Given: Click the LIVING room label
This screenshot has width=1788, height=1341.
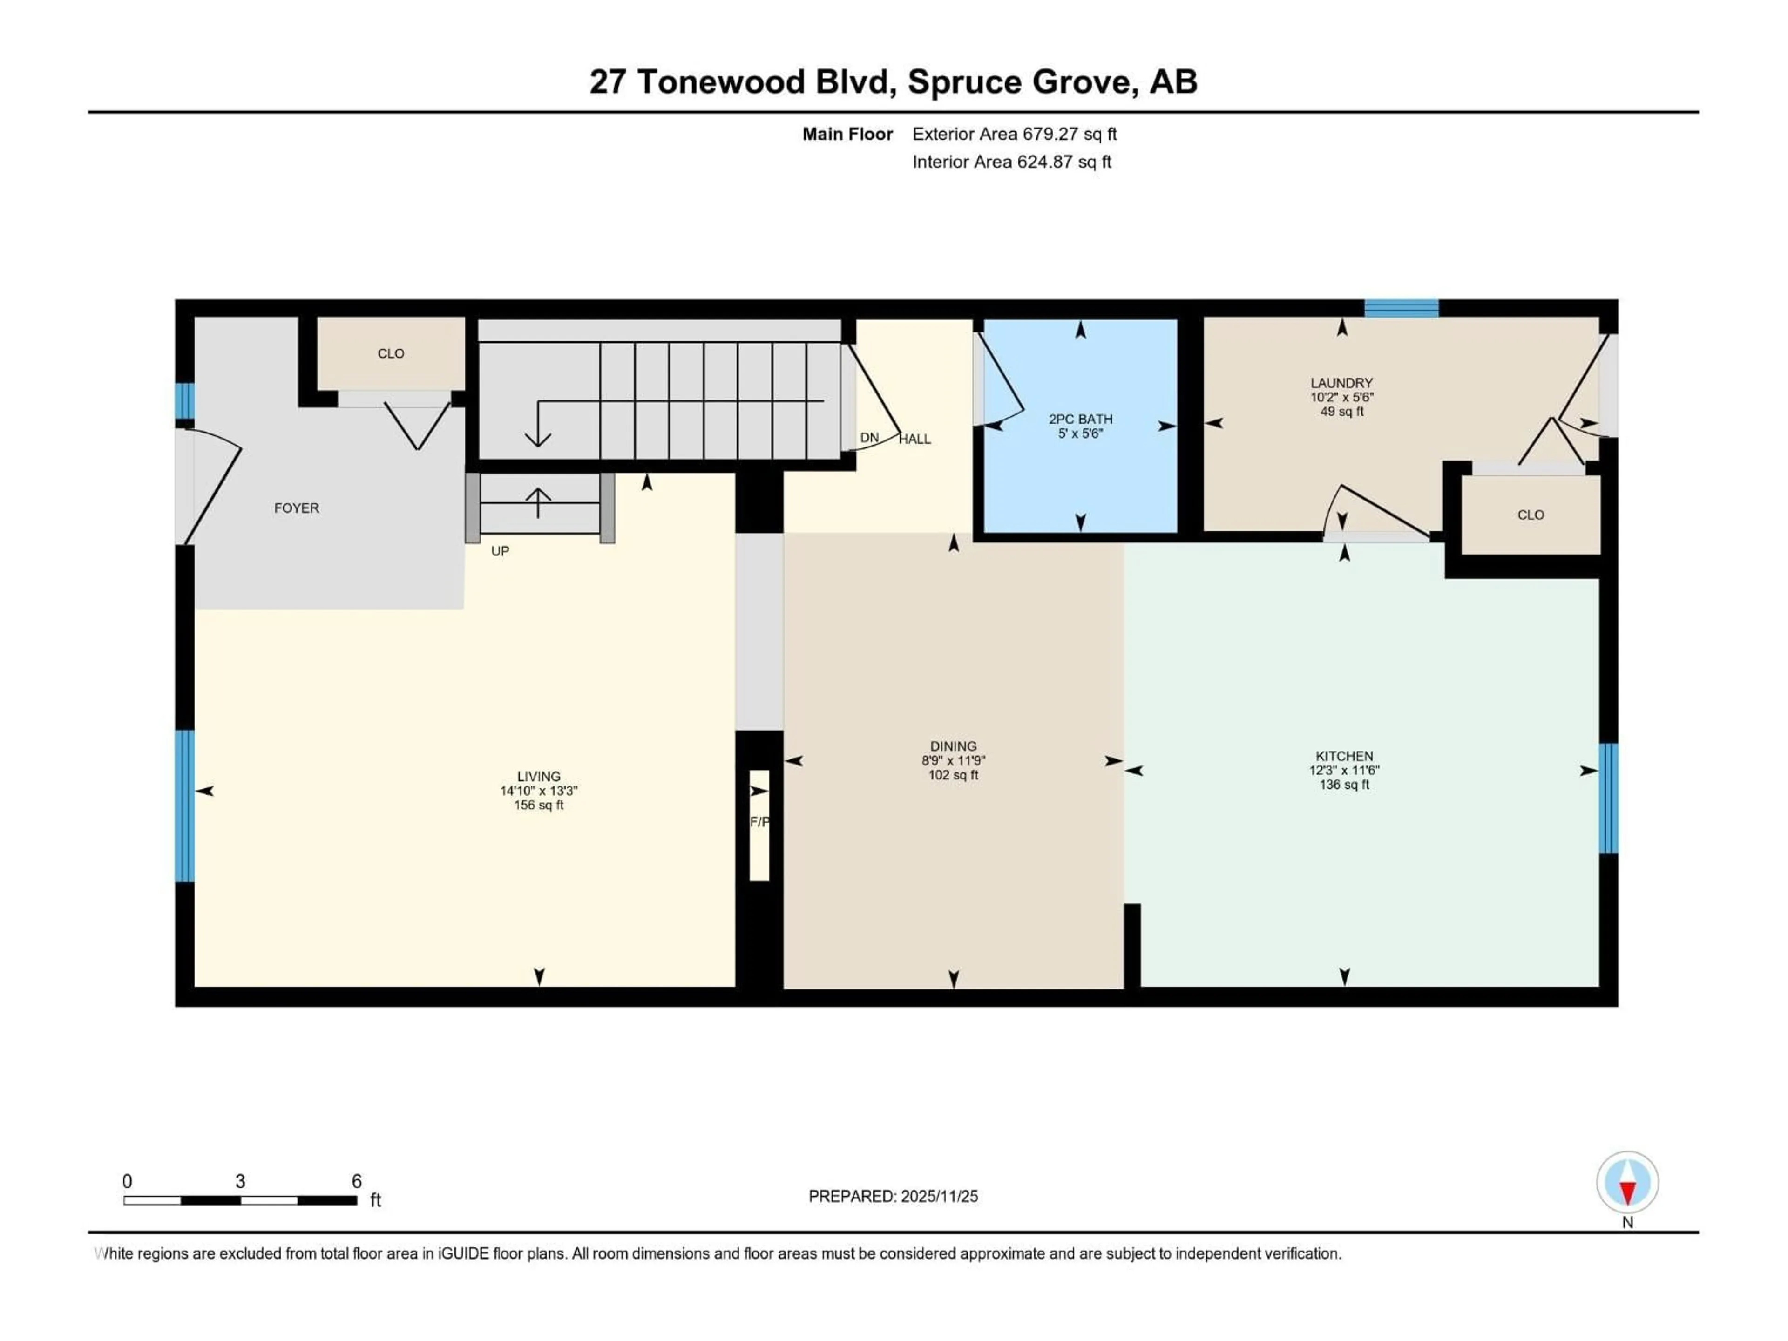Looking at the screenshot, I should tap(538, 776).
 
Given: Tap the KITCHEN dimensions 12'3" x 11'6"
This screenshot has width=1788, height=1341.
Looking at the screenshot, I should tap(1344, 770).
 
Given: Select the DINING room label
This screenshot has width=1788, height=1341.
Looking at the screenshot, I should tap(953, 746).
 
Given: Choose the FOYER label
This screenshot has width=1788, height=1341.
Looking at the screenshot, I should tap(297, 508).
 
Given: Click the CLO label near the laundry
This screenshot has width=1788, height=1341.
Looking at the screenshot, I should tap(1530, 515).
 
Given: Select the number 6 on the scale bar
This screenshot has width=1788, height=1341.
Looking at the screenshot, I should tap(357, 1181).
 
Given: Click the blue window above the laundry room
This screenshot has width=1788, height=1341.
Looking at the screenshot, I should tap(1402, 308).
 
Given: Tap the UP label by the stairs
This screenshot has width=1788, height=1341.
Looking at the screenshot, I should tap(501, 551).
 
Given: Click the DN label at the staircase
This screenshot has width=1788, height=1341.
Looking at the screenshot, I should tap(869, 437).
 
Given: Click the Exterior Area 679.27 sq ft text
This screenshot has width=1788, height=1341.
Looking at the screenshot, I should tap(1015, 134).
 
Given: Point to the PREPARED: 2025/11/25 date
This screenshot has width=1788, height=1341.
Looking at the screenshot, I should tap(893, 1196).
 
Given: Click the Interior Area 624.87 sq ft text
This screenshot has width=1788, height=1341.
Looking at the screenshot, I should tap(1012, 162).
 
